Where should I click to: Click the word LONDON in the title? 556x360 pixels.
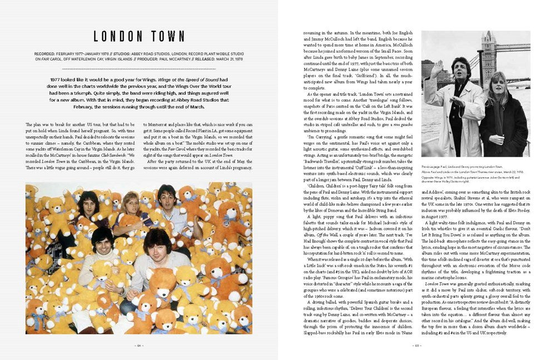point(118,37)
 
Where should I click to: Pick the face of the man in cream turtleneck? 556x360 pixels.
point(102,239)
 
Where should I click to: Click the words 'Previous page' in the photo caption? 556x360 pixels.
point(431,166)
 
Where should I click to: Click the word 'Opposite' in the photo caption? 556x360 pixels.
point(429,176)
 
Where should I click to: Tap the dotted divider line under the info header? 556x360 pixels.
point(121,69)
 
